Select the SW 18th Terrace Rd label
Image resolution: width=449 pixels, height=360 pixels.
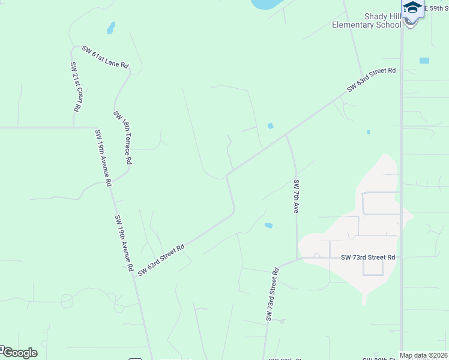122,138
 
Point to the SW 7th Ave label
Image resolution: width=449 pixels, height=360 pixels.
296,196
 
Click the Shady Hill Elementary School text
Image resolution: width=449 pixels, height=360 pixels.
367,21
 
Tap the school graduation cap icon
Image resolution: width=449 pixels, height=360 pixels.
412,7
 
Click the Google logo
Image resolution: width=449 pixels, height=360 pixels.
19,353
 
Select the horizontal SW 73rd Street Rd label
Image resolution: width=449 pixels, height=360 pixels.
368,257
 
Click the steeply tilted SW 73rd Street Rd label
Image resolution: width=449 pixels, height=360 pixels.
273,294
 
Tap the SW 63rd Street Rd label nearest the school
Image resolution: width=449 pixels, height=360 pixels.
372,80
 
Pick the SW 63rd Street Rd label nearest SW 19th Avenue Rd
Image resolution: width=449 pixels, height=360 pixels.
160,260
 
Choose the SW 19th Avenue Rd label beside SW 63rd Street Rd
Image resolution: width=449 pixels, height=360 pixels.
124,243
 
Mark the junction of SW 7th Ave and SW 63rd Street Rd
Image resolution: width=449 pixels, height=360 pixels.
286,136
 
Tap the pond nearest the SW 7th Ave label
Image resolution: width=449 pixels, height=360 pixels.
268,226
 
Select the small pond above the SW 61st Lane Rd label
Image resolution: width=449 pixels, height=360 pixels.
110,28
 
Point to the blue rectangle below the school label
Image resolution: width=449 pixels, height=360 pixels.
424,61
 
